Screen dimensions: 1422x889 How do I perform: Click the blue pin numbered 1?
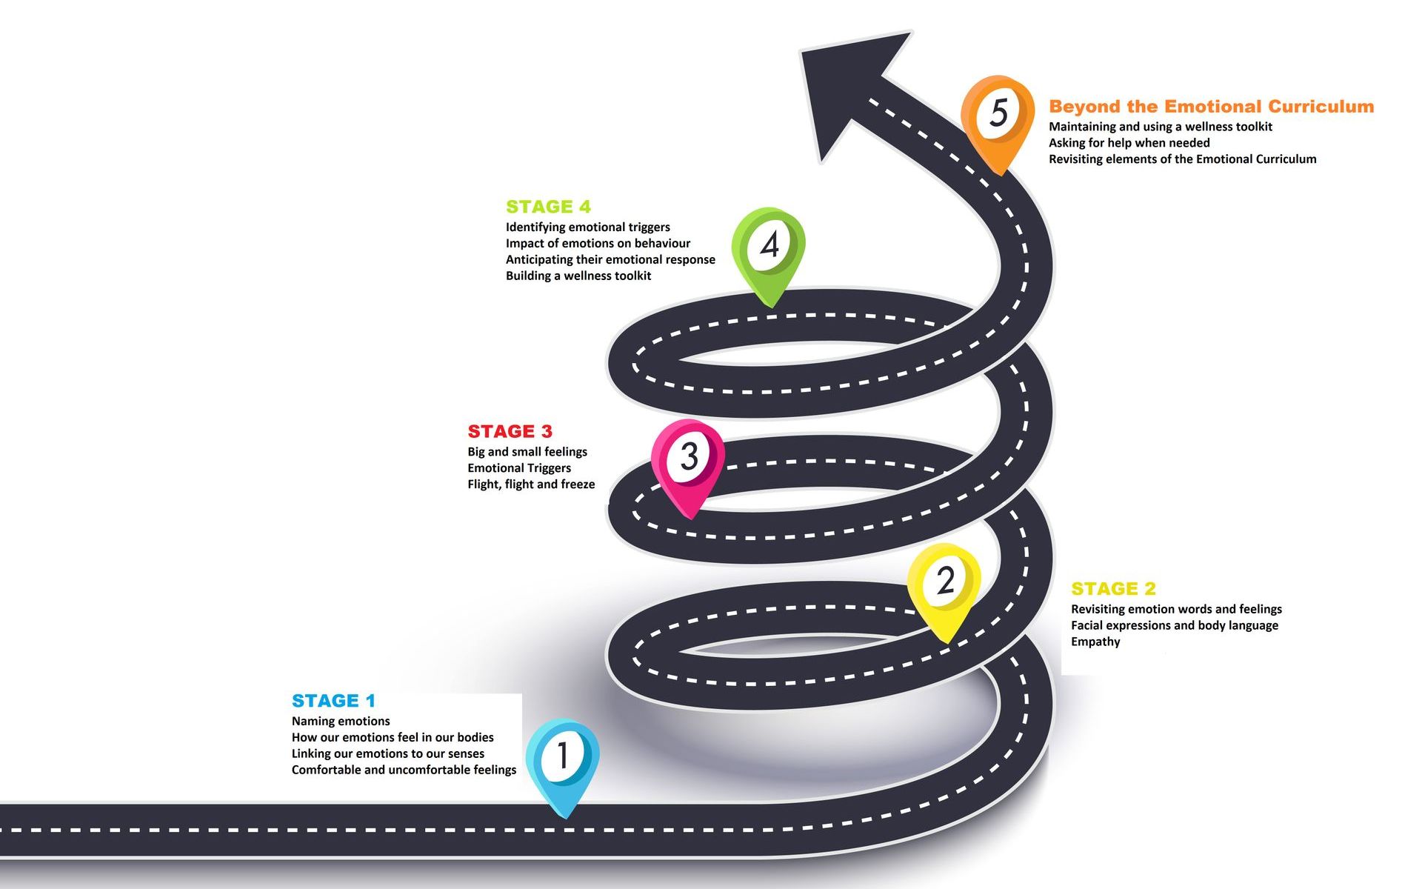click(563, 763)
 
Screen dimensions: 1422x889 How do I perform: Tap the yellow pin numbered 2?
click(944, 589)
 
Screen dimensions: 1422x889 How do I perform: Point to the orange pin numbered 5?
click(998, 120)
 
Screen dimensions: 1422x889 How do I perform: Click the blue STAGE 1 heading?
click(333, 701)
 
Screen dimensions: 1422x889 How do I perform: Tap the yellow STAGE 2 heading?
click(1113, 589)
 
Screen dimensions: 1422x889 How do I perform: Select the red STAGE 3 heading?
click(510, 431)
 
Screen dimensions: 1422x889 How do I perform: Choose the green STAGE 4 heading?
click(548, 207)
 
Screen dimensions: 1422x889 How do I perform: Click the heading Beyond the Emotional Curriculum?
click(1211, 107)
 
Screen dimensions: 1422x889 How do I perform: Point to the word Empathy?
click(1095, 642)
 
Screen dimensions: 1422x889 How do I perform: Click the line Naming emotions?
click(341, 722)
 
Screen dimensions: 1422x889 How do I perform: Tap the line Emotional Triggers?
click(519, 468)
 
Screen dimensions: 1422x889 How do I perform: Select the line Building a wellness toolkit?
click(578, 276)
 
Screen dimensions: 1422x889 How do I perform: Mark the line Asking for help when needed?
click(1129, 143)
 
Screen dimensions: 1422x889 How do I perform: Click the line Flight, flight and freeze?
click(531, 485)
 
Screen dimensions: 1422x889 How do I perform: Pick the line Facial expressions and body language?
click(1175, 626)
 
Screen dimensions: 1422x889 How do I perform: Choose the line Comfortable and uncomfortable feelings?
click(404, 770)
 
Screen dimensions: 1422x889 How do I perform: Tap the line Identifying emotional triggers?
click(588, 227)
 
